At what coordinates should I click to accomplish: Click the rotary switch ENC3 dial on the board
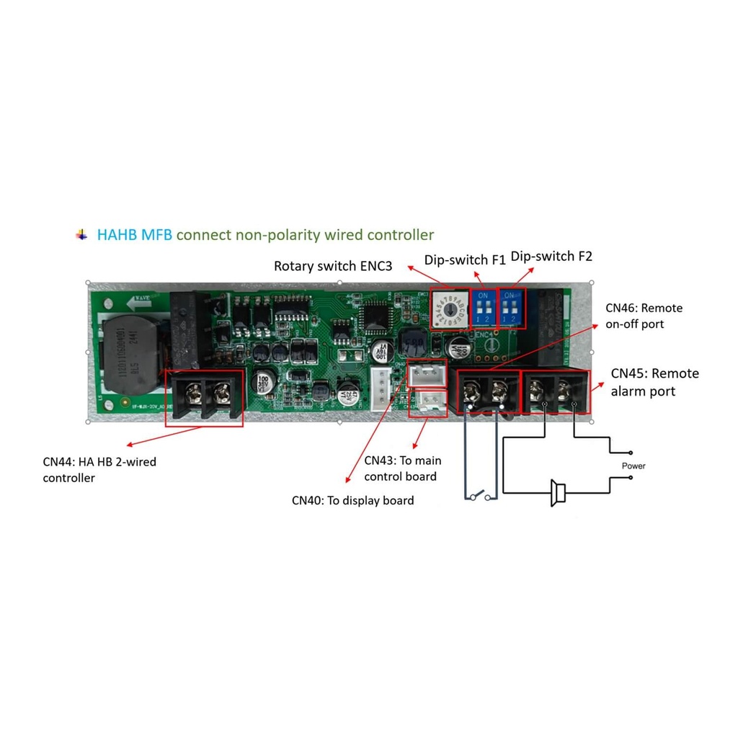450,309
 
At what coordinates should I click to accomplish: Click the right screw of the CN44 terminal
222,393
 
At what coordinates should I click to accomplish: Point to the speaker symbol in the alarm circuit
557,493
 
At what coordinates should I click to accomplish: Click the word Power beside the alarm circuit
633,466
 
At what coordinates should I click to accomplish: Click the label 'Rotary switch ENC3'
333,267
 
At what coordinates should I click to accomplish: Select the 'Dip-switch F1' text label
465,259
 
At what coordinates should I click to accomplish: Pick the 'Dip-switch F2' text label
551,256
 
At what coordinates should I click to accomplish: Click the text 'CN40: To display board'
352,500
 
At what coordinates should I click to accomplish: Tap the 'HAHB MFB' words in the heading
135,235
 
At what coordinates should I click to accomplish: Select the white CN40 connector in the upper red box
426,373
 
